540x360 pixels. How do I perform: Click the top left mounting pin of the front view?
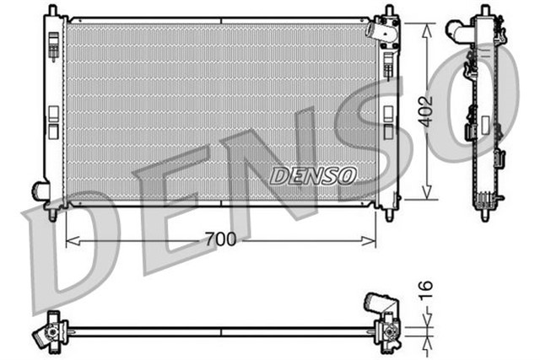tap(53, 11)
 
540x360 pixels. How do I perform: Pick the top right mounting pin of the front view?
tap(389, 12)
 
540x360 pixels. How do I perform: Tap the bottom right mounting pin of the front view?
tap(389, 215)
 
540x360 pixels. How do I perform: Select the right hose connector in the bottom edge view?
tap(375, 304)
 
